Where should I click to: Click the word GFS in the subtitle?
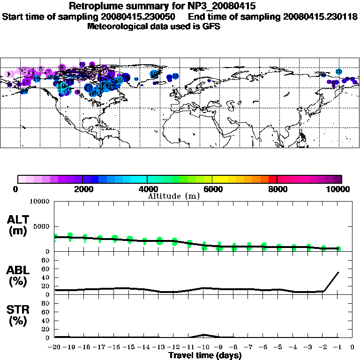(212, 26)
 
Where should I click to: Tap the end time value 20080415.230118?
(320, 16)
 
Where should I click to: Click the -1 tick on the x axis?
(337, 347)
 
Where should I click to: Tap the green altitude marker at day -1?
(338, 248)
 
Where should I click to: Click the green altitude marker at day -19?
(70, 236)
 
